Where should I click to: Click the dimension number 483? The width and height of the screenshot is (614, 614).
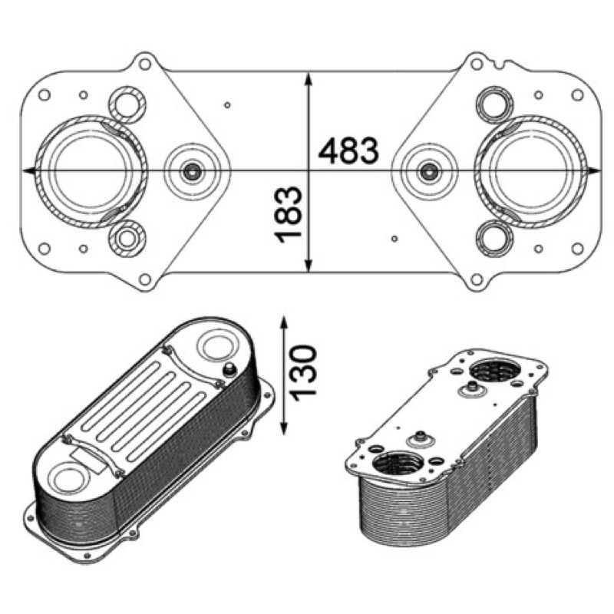pos(348,150)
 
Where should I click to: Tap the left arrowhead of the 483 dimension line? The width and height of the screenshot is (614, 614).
pos(29,170)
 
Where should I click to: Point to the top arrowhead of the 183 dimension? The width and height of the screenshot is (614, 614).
pos(309,79)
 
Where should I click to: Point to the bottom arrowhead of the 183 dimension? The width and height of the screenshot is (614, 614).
pos(309,264)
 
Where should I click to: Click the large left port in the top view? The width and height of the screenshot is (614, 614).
pos(91,171)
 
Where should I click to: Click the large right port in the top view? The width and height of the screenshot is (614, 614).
pos(531,171)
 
